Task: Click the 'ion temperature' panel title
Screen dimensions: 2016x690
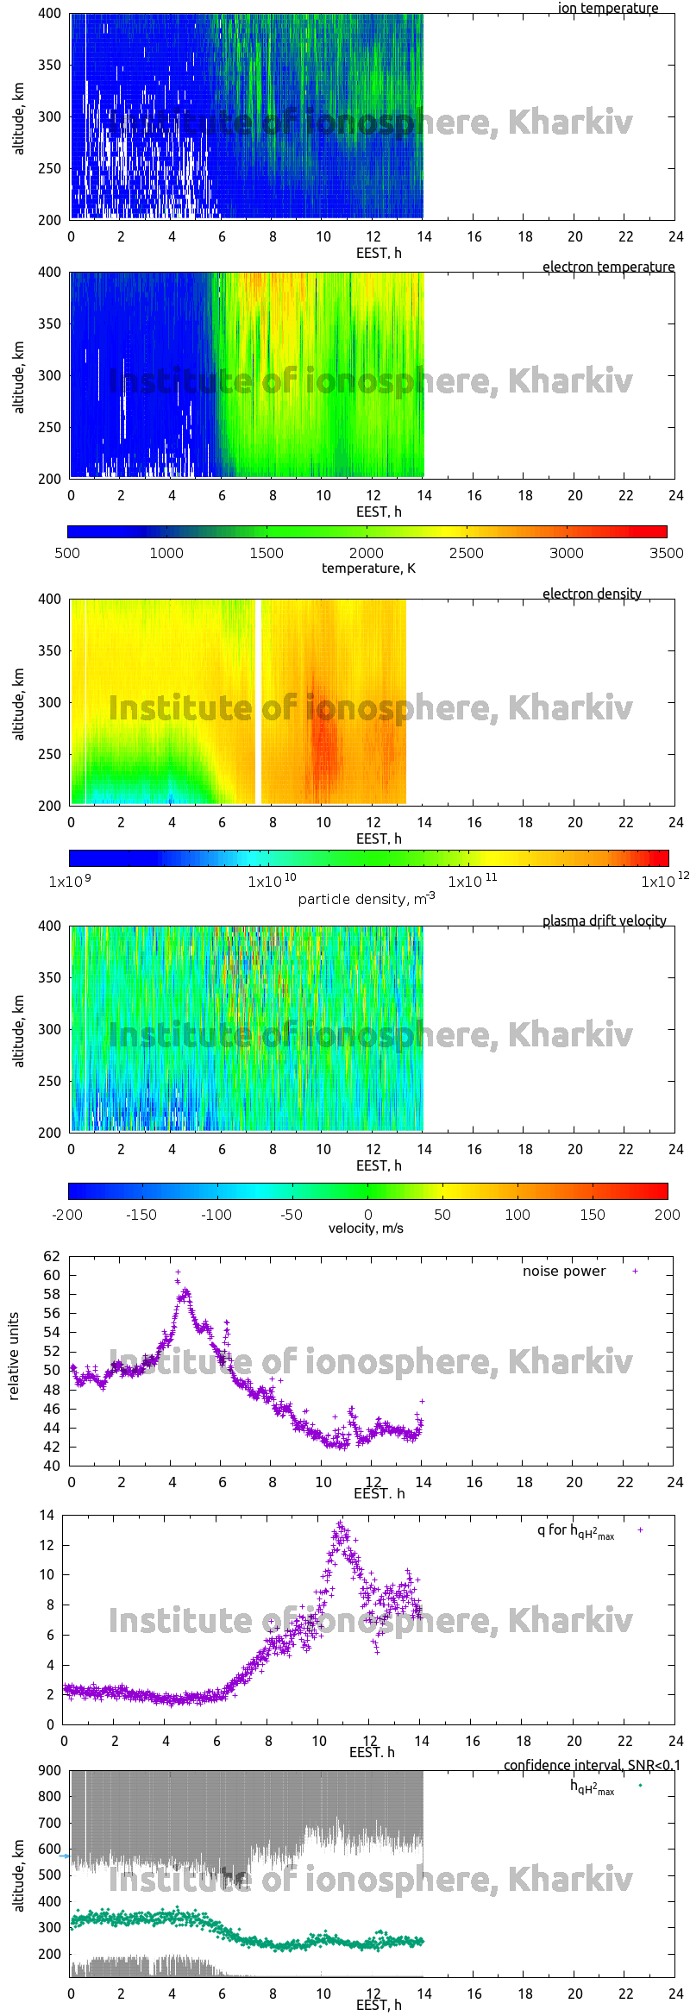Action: [607, 9]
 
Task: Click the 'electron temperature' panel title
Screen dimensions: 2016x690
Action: [608, 267]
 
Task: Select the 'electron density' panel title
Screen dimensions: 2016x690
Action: [592, 593]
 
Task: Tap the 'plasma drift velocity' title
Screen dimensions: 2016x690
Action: [604, 920]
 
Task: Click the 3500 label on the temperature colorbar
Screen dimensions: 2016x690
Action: [666, 553]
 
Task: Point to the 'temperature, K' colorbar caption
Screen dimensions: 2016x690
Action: [368, 568]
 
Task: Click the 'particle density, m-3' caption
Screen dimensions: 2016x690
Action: [367, 899]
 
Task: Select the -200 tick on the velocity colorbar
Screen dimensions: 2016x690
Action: [67, 1215]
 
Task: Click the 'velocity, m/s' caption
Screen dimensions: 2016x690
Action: [366, 1228]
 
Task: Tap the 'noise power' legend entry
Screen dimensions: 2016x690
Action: [564, 1272]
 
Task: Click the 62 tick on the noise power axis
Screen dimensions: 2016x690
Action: [52, 1256]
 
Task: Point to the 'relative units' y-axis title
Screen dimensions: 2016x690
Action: [14, 1357]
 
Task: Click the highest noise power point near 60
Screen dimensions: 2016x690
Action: [178, 1272]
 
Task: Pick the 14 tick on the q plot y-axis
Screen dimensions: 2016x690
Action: [47, 1515]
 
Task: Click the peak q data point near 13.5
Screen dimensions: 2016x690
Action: [341, 1523]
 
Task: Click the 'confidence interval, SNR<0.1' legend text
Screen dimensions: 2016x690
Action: [591, 1765]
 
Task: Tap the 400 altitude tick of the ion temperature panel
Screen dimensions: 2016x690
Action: [50, 14]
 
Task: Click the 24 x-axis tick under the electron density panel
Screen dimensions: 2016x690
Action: [675, 822]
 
